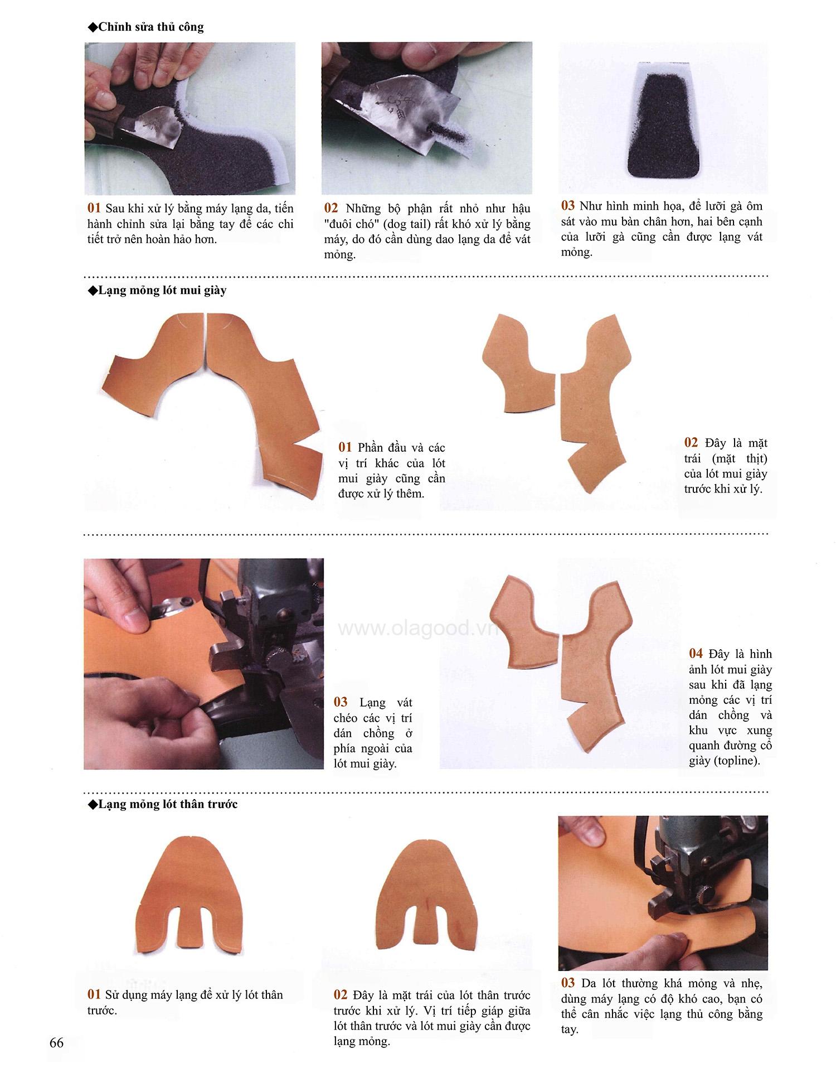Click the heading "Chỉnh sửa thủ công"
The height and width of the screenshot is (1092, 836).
(150, 27)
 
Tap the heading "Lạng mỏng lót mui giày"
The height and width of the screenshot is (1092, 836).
(162, 291)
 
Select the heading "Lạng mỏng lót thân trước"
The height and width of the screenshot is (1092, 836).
(168, 804)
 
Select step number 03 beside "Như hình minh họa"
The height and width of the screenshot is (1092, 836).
(568, 206)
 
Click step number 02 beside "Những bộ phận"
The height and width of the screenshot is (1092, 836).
(331, 208)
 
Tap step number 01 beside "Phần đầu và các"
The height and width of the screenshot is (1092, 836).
(345, 447)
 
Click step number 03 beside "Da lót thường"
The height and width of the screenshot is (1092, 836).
(568, 983)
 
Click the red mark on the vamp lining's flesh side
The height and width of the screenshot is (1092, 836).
(426, 908)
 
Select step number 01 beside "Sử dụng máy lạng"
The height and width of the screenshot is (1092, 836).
(94, 995)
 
